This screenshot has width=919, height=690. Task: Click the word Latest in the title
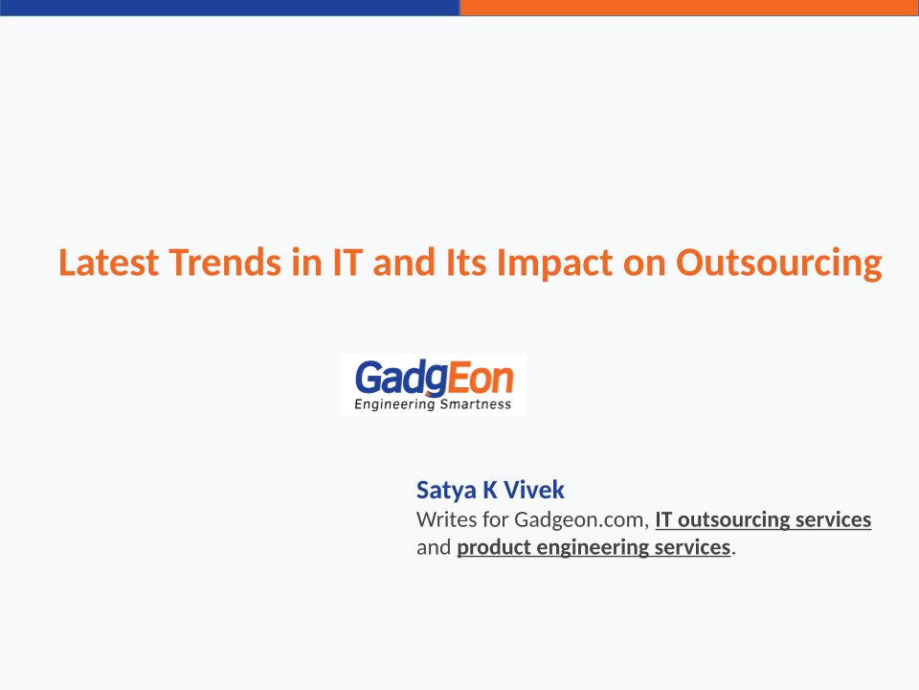coord(108,263)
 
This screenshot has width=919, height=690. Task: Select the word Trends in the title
coord(225,263)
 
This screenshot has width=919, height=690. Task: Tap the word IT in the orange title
coord(347,263)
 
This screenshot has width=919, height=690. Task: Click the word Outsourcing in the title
coord(779,264)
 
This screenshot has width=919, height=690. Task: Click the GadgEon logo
coord(433,384)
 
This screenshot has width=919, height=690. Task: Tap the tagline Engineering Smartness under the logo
coord(433,404)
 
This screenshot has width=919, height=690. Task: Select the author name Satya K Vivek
coord(490,490)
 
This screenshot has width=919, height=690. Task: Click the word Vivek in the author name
coord(534,490)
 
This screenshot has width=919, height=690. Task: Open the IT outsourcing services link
coord(763,519)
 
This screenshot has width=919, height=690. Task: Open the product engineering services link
coord(594,547)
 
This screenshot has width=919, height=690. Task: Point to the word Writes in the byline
coord(447,519)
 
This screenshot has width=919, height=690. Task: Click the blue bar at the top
coord(230,8)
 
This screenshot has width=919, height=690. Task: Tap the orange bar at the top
coord(689,8)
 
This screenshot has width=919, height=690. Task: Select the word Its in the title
coord(466,263)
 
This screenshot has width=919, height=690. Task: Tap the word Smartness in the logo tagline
coord(476,404)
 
